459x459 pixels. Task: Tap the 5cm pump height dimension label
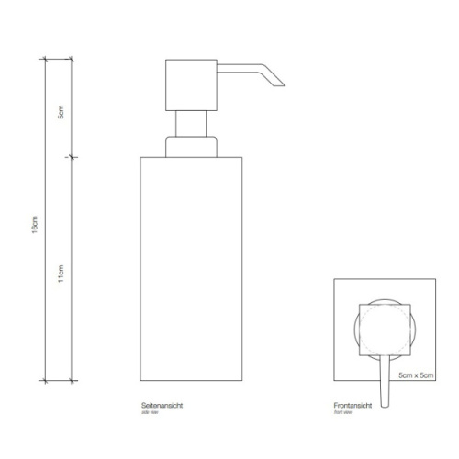coord(62,119)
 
